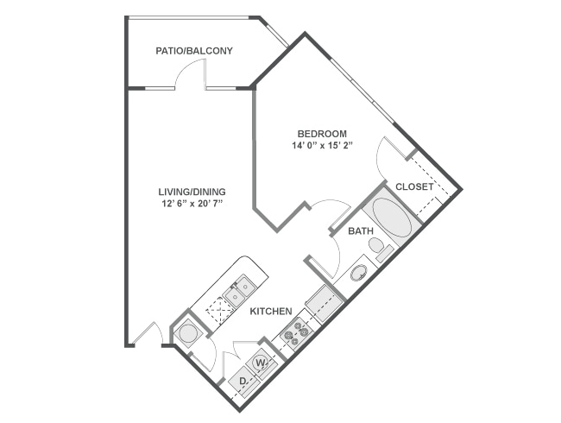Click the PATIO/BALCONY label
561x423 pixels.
click(194, 52)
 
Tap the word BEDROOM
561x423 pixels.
click(322, 134)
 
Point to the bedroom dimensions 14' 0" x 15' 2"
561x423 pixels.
click(322, 146)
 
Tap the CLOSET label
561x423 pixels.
click(414, 186)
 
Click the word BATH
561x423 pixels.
click(360, 231)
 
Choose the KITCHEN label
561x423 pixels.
click(271, 311)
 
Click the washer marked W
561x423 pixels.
click(260, 363)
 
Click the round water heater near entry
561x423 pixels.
click(187, 332)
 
